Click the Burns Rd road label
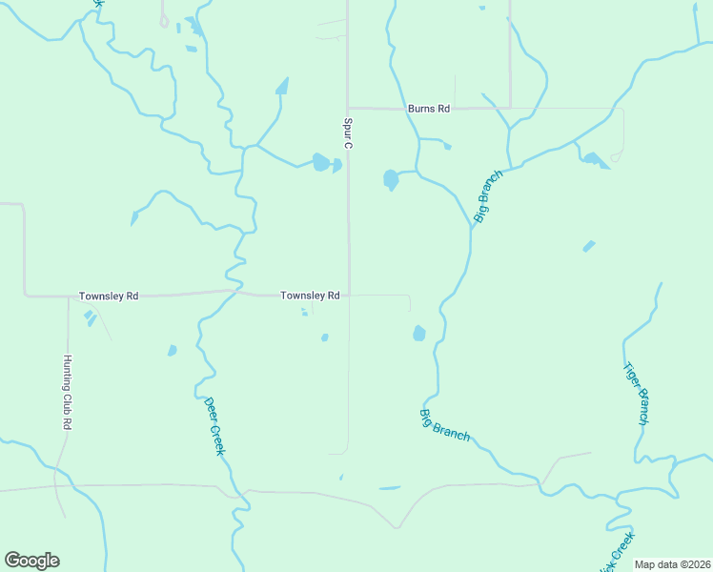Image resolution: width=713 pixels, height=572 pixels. (428, 109)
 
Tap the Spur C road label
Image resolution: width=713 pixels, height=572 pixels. (348, 133)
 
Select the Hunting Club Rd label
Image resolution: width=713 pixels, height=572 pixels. (67, 391)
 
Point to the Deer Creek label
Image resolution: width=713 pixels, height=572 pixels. (214, 425)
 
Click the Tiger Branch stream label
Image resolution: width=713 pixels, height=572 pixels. (636, 393)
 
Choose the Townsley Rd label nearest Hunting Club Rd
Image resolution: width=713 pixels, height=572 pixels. (109, 296)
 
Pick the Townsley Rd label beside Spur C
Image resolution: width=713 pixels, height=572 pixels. (310, 296)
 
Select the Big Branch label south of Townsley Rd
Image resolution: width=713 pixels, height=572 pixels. (444, 424)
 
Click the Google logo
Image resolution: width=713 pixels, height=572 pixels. (32, 561)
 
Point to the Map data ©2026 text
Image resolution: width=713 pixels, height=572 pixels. (671, 564)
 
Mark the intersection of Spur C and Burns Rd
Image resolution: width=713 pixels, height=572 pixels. (348, 108)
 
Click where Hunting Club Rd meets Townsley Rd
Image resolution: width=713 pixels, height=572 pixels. (68, 296)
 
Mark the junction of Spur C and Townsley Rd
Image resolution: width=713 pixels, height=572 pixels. (348, 296)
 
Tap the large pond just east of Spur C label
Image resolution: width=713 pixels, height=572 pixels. (390, 179)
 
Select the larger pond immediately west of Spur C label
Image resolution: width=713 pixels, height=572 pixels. (320, 162)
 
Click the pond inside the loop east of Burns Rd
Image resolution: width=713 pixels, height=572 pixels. (594, 159)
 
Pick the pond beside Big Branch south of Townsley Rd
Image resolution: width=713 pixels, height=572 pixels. (418, 333)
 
